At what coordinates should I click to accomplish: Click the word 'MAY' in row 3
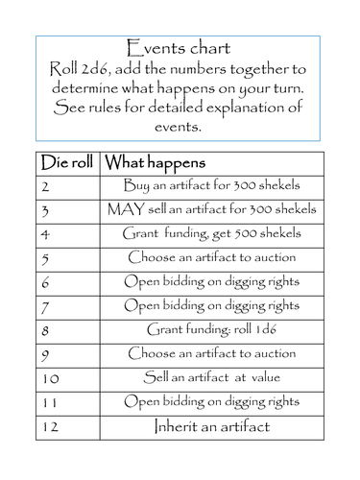coord(128,209)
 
